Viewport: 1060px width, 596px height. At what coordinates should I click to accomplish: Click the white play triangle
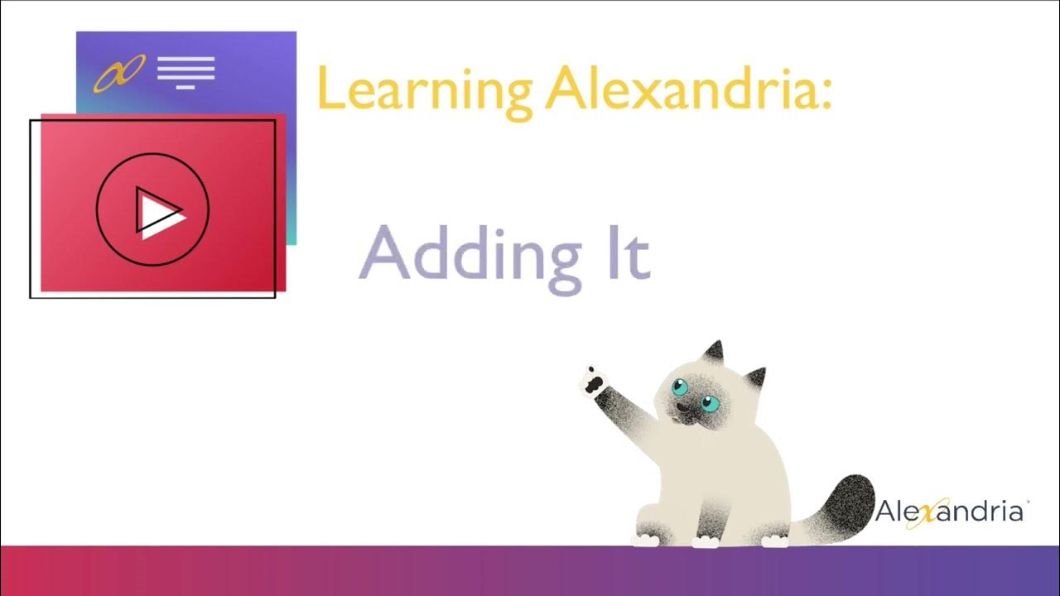pyautogui.click(x=157, y=213)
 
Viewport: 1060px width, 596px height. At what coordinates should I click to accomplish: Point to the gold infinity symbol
pyautogui.click(x=119, y=73)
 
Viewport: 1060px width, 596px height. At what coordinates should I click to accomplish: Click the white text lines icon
pyautogui.click(x=186, y=72)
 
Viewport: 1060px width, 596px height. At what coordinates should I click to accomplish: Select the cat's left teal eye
pyautogui.click(x=681, y=386)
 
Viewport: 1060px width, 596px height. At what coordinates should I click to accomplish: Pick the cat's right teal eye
pyautogui.click(x=710, y=404)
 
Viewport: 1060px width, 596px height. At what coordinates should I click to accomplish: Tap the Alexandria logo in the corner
pyautogui.click(x=950, y=512)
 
